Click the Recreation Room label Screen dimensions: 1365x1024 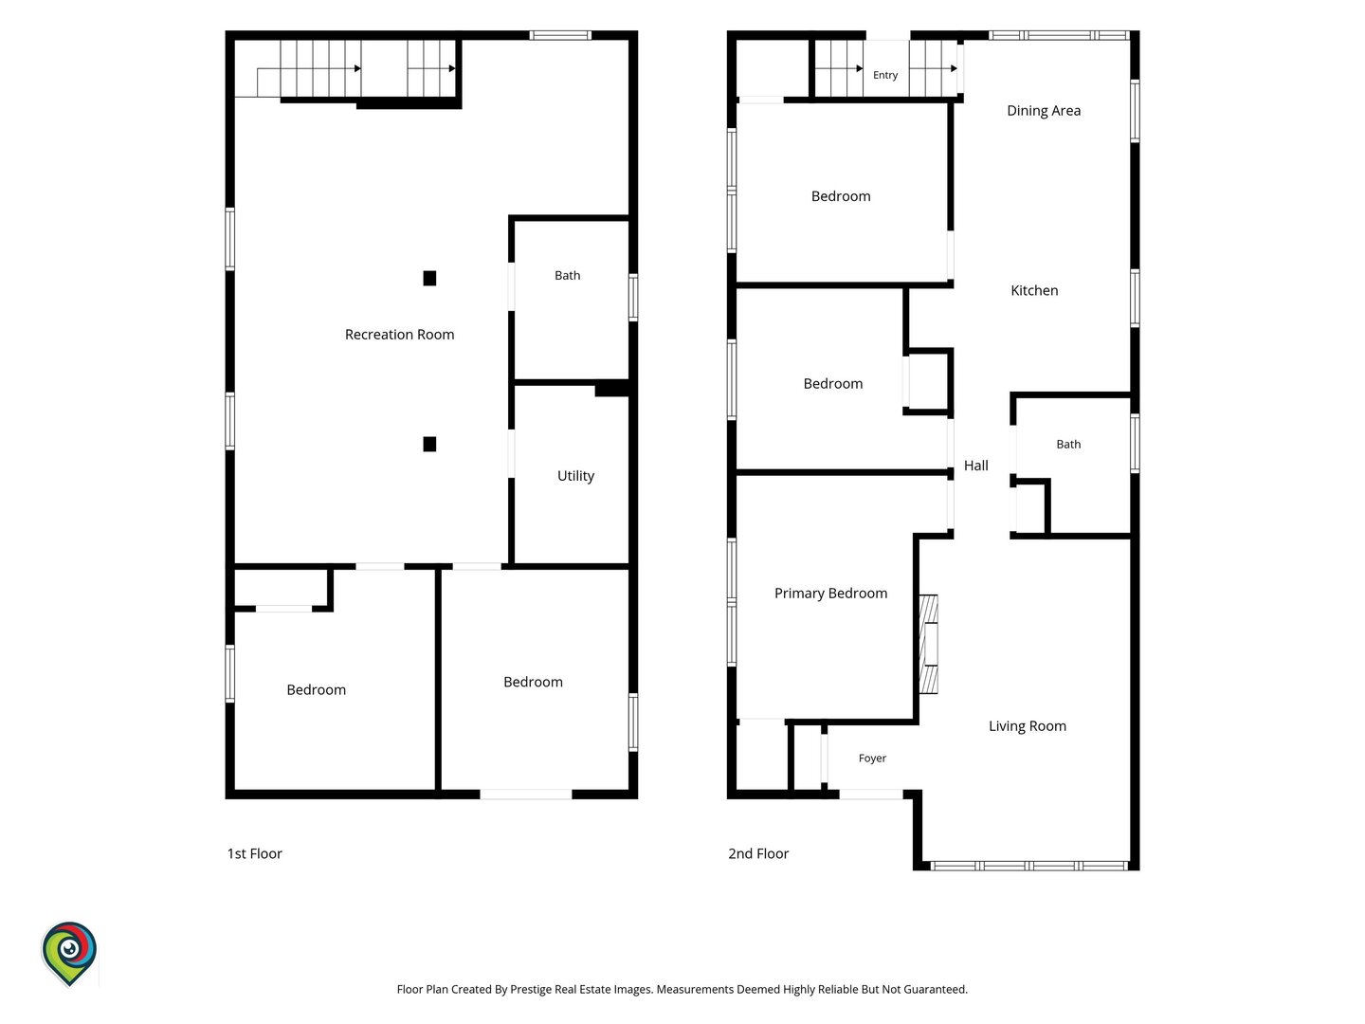(399, 335)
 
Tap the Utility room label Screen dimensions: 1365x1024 (575, 476)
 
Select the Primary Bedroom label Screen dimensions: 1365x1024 (830, 594)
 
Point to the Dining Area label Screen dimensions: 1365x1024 (1044, 111)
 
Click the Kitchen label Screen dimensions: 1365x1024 (1034, 290)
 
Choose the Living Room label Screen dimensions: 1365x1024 (1027, 726)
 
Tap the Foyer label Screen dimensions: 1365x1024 (872, 759)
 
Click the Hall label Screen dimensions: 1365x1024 (975, 466)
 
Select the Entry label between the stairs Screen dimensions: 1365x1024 (885, 75)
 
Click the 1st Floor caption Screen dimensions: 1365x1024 (254, 853)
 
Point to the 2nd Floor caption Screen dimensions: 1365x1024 (758, 853)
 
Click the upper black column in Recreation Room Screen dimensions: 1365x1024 (429, 278)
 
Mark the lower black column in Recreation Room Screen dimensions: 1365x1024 (429, 444)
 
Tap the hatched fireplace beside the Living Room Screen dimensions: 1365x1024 (928, 644)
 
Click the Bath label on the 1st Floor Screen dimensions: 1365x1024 (567, 275)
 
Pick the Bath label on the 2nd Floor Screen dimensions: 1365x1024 (1068, 445)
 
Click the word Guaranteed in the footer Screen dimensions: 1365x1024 (936, 989)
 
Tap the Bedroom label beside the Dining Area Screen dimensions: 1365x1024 (841, 196)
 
